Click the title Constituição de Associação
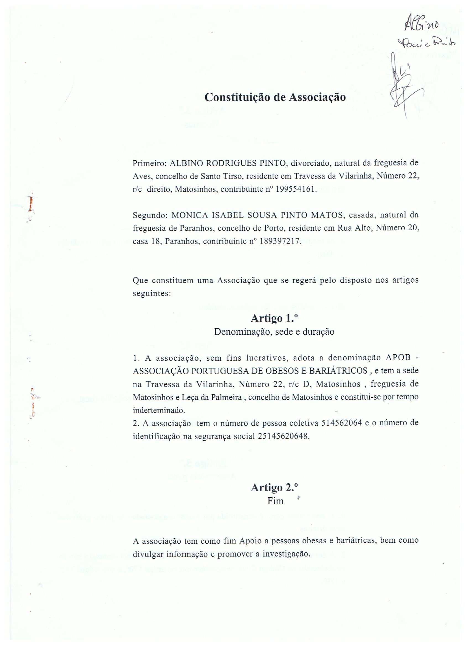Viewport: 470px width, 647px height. click(275, 97)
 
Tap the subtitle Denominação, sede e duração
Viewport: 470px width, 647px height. click(274, 332)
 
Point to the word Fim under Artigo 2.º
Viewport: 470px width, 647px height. click(275, 501)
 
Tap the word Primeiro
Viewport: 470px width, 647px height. click(150, 164)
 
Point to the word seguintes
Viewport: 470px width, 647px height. click(152, 294)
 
